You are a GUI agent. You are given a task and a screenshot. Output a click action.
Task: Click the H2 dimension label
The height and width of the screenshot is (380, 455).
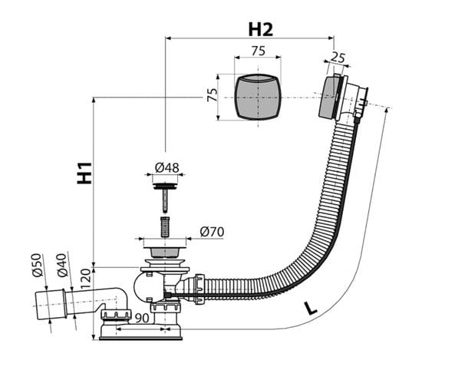click(261, 30)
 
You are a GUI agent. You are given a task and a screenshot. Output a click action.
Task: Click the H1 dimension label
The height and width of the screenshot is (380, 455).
click(84, 173)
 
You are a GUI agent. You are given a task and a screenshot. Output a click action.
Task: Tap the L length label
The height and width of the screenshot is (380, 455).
click(311, 309)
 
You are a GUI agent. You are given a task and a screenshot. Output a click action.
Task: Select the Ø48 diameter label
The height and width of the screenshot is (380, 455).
click(167, 167)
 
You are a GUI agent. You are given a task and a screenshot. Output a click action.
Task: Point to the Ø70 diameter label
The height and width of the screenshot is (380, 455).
click(212, 232)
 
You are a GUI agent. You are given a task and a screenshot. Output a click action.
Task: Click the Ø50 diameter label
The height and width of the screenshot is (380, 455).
click(37, 265)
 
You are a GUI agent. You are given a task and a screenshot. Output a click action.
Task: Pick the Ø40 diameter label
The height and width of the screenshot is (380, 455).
click(62, 265)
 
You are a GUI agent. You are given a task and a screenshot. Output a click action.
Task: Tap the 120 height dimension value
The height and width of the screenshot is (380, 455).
click(86, 279)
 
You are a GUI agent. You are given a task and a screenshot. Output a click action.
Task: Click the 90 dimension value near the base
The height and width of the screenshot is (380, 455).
click(142, 318)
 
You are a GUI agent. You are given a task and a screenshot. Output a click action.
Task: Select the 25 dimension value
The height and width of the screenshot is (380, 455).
click(338, 58)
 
